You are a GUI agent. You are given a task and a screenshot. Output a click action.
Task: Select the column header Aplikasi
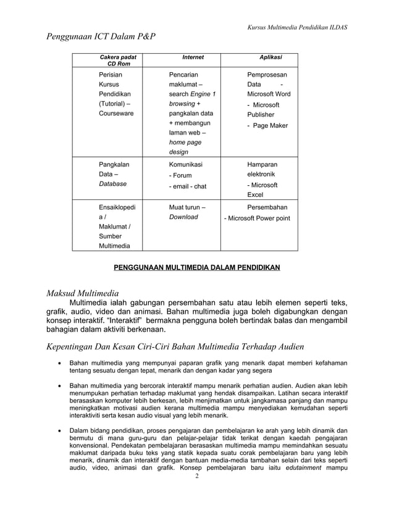[270, 57]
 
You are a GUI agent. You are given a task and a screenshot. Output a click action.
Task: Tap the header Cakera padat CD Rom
[119, 61]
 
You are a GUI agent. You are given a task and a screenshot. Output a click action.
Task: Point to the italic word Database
[113, 184]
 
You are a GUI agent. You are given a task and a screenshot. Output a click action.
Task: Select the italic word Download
[183, 217]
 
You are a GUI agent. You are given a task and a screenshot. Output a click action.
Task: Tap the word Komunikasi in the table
[185, 165]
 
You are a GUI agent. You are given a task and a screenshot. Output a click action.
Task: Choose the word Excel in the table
[255, 194]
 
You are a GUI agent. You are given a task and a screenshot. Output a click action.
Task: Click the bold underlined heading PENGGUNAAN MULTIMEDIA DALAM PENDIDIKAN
[196, 267]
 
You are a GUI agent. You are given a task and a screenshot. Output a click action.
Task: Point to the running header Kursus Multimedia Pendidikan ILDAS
[296, 27]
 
